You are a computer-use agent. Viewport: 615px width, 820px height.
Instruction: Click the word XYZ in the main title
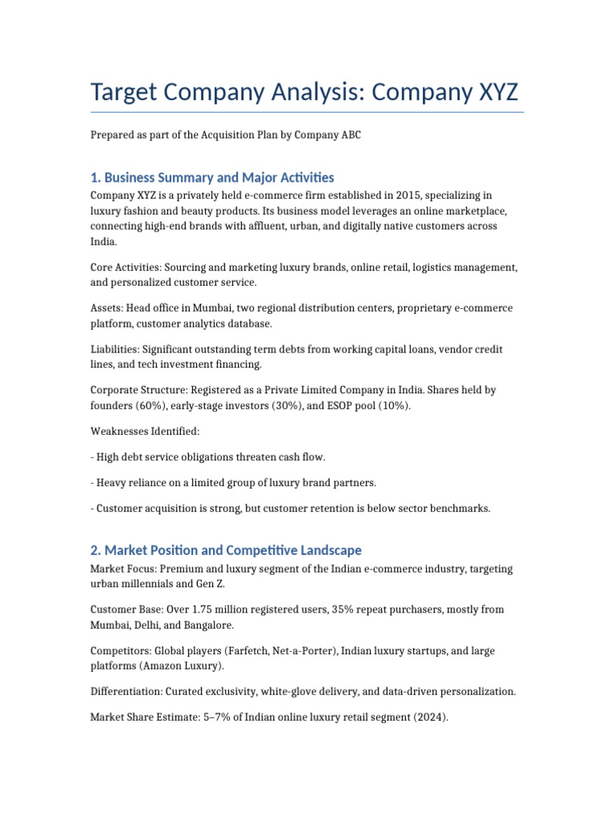490,92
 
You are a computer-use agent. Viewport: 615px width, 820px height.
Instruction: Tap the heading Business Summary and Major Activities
219,177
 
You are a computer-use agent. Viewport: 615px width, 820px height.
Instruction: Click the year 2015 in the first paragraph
382,195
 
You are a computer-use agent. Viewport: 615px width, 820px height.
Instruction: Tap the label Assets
107,307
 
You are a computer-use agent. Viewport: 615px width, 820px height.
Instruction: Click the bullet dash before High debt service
92,456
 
